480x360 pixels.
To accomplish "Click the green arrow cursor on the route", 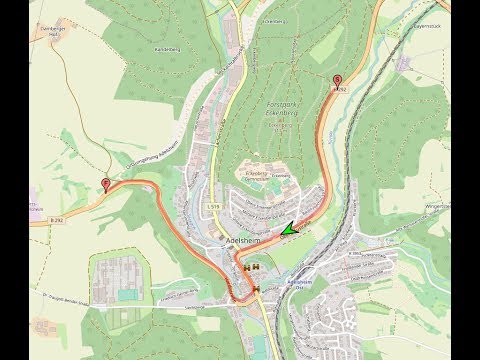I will pos(289,230).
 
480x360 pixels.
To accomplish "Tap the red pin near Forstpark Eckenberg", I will pos(336,81).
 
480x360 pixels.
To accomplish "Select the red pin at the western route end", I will pos(107,184).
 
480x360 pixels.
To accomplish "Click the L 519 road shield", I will pos(215,206).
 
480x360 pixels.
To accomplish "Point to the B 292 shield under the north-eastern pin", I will pos(338,90).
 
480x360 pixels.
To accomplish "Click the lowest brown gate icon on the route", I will pos(257,289).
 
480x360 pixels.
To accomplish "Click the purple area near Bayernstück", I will pos(403,62).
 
